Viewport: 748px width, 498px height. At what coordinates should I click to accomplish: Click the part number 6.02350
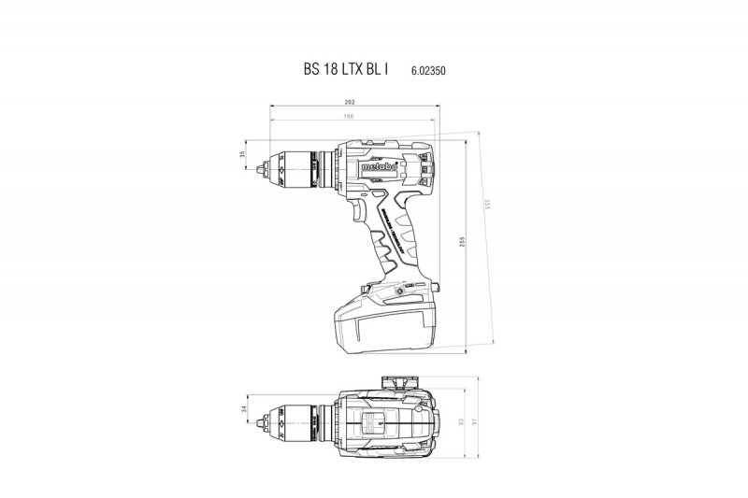point(427,71)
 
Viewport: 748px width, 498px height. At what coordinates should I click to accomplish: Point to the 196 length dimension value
point(350,117)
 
